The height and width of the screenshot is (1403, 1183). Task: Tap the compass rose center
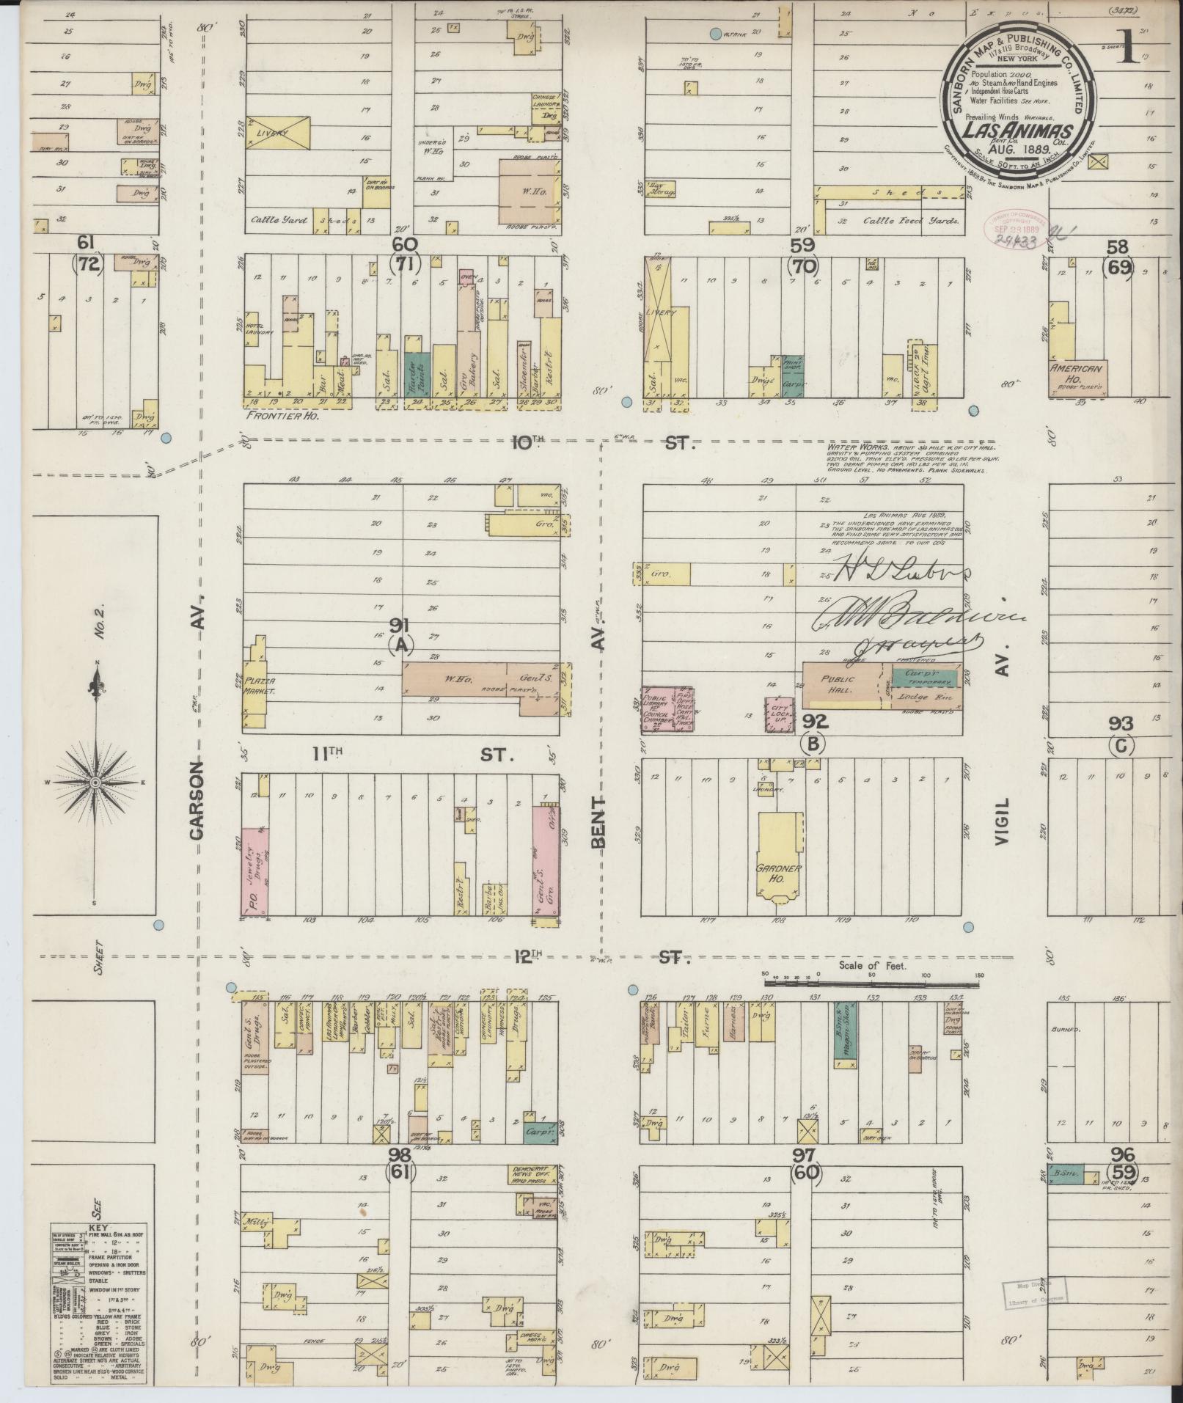click(95, 783)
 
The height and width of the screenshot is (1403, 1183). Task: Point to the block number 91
click(400, 626)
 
